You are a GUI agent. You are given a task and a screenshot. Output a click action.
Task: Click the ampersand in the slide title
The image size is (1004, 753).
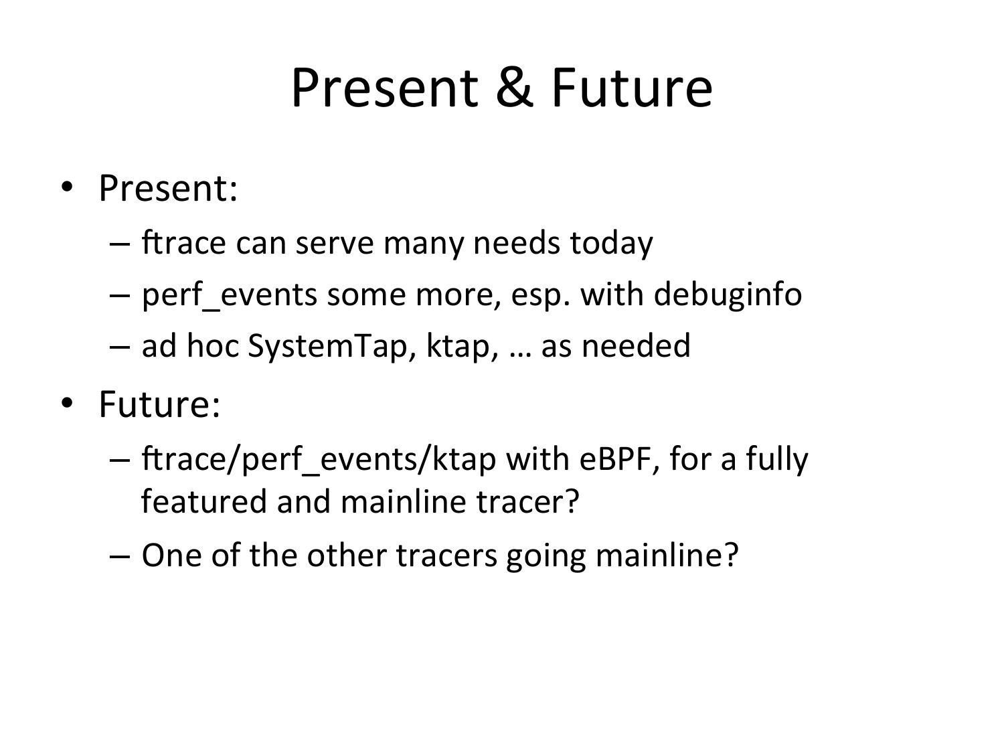pos(514,87)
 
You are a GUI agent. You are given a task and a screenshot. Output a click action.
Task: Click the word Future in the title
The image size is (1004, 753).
pos(632,87)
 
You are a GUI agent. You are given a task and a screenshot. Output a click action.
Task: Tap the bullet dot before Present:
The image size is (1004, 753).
pos(67,187)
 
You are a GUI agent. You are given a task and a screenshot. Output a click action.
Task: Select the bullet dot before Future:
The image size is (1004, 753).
pos(67,403)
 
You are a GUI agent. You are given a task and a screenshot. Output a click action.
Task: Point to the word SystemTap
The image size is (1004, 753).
pos(327,346)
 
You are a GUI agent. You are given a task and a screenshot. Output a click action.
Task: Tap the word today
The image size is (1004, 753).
pos(612,243)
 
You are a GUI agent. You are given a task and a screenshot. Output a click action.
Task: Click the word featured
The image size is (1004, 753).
pos(204,501)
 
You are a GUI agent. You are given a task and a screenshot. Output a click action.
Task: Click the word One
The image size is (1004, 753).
pos(172,556)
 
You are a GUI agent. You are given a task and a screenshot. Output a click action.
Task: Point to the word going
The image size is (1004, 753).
pos(546,557)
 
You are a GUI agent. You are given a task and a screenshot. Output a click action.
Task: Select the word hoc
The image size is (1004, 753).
pos(213,345)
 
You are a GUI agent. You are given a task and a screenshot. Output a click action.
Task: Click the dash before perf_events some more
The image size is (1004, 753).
pos(120,296)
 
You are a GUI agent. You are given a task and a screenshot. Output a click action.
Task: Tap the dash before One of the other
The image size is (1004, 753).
pos(120,558)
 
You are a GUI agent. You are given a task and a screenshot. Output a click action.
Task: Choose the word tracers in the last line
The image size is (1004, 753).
pos(446,556)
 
